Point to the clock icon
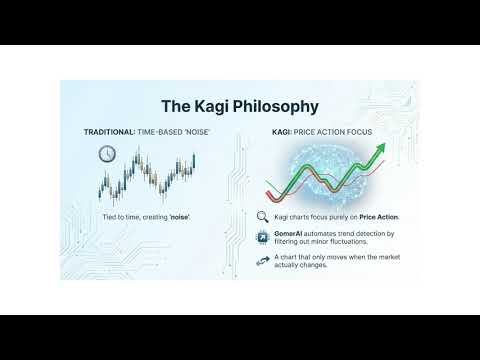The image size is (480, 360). click(x=107, y=153)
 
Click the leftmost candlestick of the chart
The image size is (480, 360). click(x=101, y=186)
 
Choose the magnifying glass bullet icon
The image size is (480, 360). click(x=262, y=216)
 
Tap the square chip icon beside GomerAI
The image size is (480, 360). click(x=262, y=236)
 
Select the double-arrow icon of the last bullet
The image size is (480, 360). click(x=262, y=260)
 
